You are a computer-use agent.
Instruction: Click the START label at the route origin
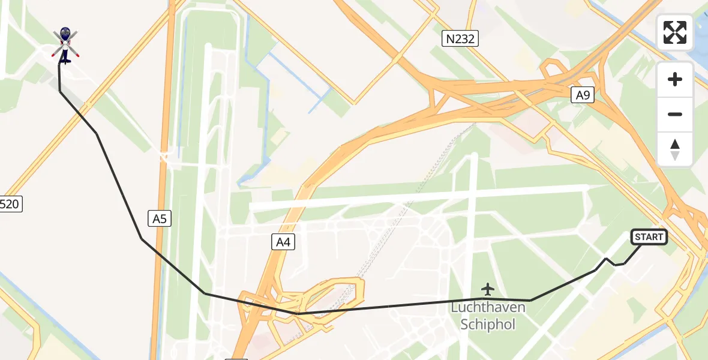[649, 237]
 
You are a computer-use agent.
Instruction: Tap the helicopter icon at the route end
[65, 44]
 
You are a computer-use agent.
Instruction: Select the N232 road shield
[460, 40]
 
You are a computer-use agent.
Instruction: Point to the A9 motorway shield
[582, 94]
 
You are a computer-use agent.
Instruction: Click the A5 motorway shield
[159, 219]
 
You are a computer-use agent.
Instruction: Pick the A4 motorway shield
[283, 242]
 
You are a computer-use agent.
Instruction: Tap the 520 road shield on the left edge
[10, 205]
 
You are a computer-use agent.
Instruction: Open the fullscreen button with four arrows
[675, 32]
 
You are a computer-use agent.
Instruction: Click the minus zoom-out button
[675, 114]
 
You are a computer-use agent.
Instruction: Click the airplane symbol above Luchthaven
[488, 290]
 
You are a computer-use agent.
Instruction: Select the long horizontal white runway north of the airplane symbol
[420, 197]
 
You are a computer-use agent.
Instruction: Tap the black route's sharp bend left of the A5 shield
[142, 239]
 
